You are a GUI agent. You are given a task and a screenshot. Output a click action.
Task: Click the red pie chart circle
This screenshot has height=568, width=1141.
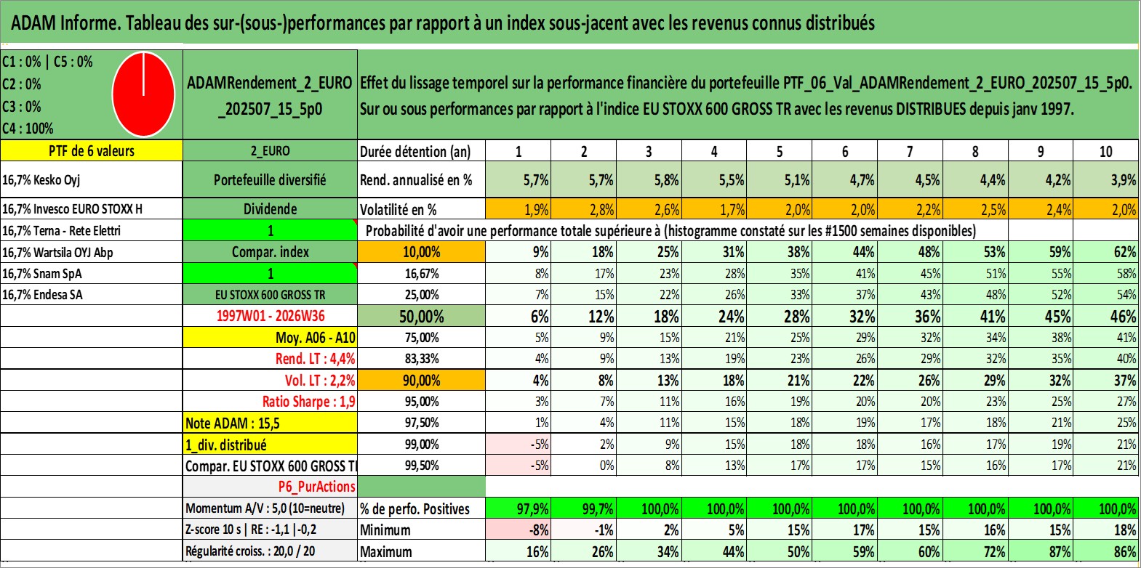pos(144,94)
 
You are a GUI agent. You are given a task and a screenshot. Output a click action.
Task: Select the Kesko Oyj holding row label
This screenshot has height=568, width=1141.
pos(41,179)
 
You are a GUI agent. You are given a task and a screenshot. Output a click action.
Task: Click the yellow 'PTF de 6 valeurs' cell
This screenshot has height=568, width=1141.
pos(92,150)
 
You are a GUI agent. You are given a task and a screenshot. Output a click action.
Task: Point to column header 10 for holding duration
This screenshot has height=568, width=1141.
pos(1106,151)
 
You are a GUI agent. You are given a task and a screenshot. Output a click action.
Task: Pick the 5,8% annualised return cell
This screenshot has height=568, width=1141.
pos(649,179)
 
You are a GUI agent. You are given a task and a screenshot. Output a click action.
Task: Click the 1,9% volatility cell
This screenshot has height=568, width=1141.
pos(519,209)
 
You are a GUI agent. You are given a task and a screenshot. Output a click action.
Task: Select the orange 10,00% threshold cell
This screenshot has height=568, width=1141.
pos(421,252)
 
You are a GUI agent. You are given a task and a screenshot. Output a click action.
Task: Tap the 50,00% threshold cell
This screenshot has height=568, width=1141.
pos(421,316)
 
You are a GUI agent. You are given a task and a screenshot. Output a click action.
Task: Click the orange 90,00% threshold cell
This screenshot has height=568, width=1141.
pos(421,380)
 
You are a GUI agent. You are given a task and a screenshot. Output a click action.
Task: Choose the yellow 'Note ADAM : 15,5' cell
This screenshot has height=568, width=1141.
pos(270,423)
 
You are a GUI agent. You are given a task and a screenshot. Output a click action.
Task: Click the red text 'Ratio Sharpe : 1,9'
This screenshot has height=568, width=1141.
pos(308,402)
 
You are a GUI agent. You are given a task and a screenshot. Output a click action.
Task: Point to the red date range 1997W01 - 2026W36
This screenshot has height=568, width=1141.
pos(271,316)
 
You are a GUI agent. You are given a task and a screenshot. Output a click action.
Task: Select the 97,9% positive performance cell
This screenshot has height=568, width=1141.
pos(519,508)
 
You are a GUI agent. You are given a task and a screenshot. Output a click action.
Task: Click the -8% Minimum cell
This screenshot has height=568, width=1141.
pos(519,530)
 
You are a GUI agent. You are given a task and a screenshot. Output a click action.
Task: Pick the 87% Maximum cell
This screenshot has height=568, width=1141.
pos(1041,551)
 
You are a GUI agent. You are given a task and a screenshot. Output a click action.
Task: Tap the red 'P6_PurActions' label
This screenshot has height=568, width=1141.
pos(316,487)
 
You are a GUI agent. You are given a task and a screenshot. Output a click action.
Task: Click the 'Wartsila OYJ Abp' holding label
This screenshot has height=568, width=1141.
pos(57,253)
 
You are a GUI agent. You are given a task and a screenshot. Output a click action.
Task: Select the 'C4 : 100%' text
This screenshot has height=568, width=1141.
pos(28,129)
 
